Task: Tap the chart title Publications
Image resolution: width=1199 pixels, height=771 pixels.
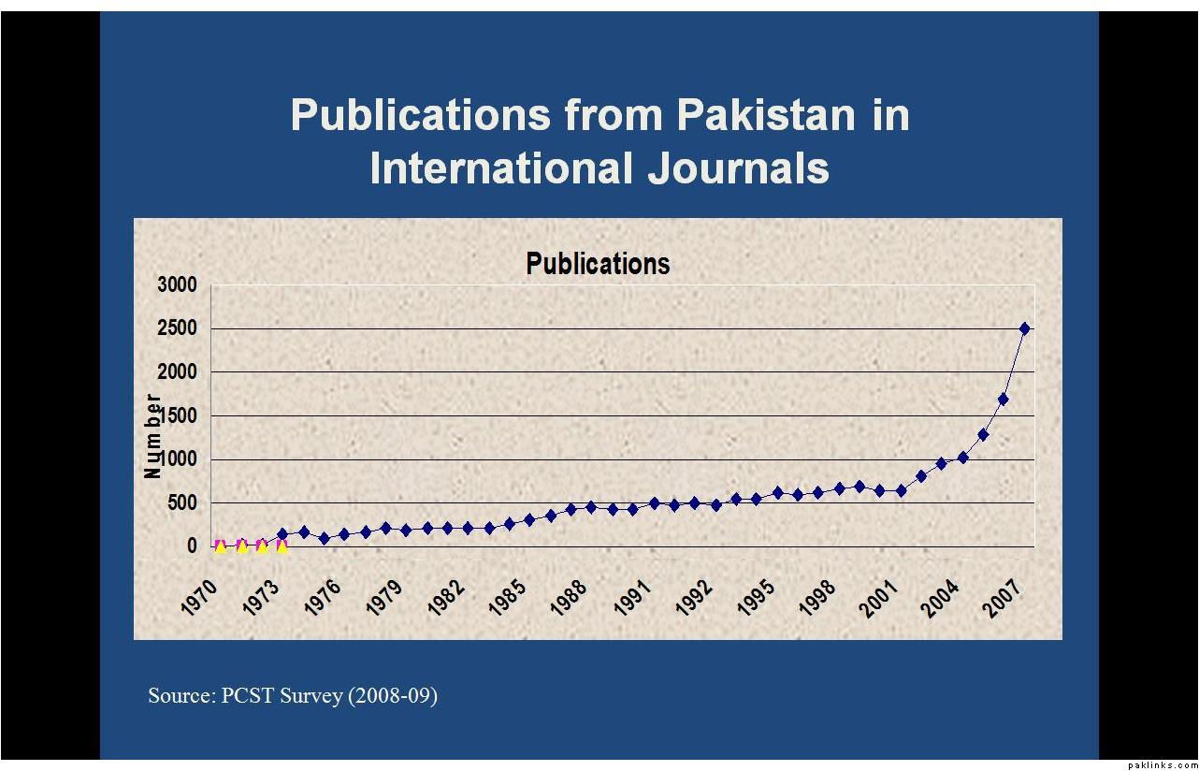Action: (598, 264)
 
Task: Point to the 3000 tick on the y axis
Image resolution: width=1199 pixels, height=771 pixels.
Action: (178, 284)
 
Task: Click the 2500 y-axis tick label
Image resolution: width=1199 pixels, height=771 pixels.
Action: (178, 328)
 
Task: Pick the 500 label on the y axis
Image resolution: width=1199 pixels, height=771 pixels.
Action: (182, 503)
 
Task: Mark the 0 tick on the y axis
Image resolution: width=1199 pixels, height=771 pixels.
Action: (192, 546)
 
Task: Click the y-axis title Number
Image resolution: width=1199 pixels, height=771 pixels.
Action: (152, 436)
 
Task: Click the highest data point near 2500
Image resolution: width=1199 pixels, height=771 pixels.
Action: (1024, 328)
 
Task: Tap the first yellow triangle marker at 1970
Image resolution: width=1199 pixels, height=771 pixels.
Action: (221, 546)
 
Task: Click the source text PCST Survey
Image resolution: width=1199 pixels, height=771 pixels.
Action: (281, 696)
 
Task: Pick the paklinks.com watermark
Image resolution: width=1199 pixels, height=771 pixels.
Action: (1162, 764)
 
